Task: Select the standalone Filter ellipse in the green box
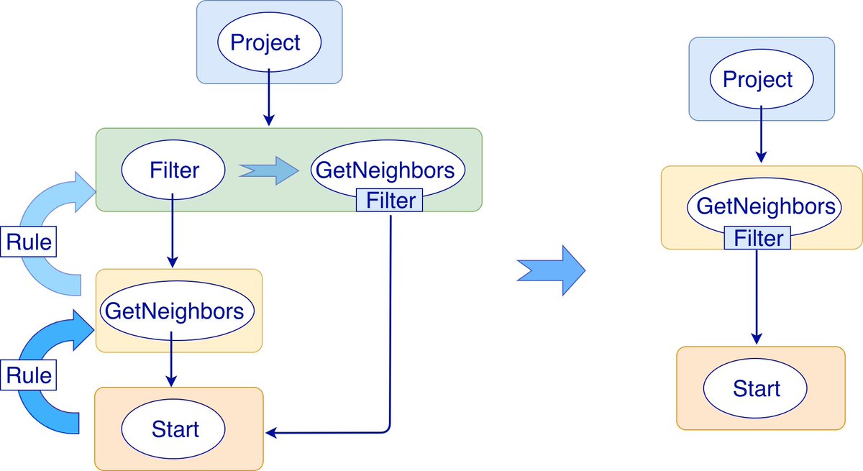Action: tap(173, 170)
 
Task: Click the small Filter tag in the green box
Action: tap(389, 201)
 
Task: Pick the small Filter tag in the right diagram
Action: tap(757, 237)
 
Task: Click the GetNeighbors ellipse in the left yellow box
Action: tap(178, 311)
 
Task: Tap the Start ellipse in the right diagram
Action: tap(757, 389)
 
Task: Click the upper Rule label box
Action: tap(29, 242)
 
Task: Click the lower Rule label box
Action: tap(29, 375)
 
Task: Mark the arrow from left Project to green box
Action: tap(268, 97)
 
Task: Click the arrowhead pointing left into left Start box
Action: tap(272, 432)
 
